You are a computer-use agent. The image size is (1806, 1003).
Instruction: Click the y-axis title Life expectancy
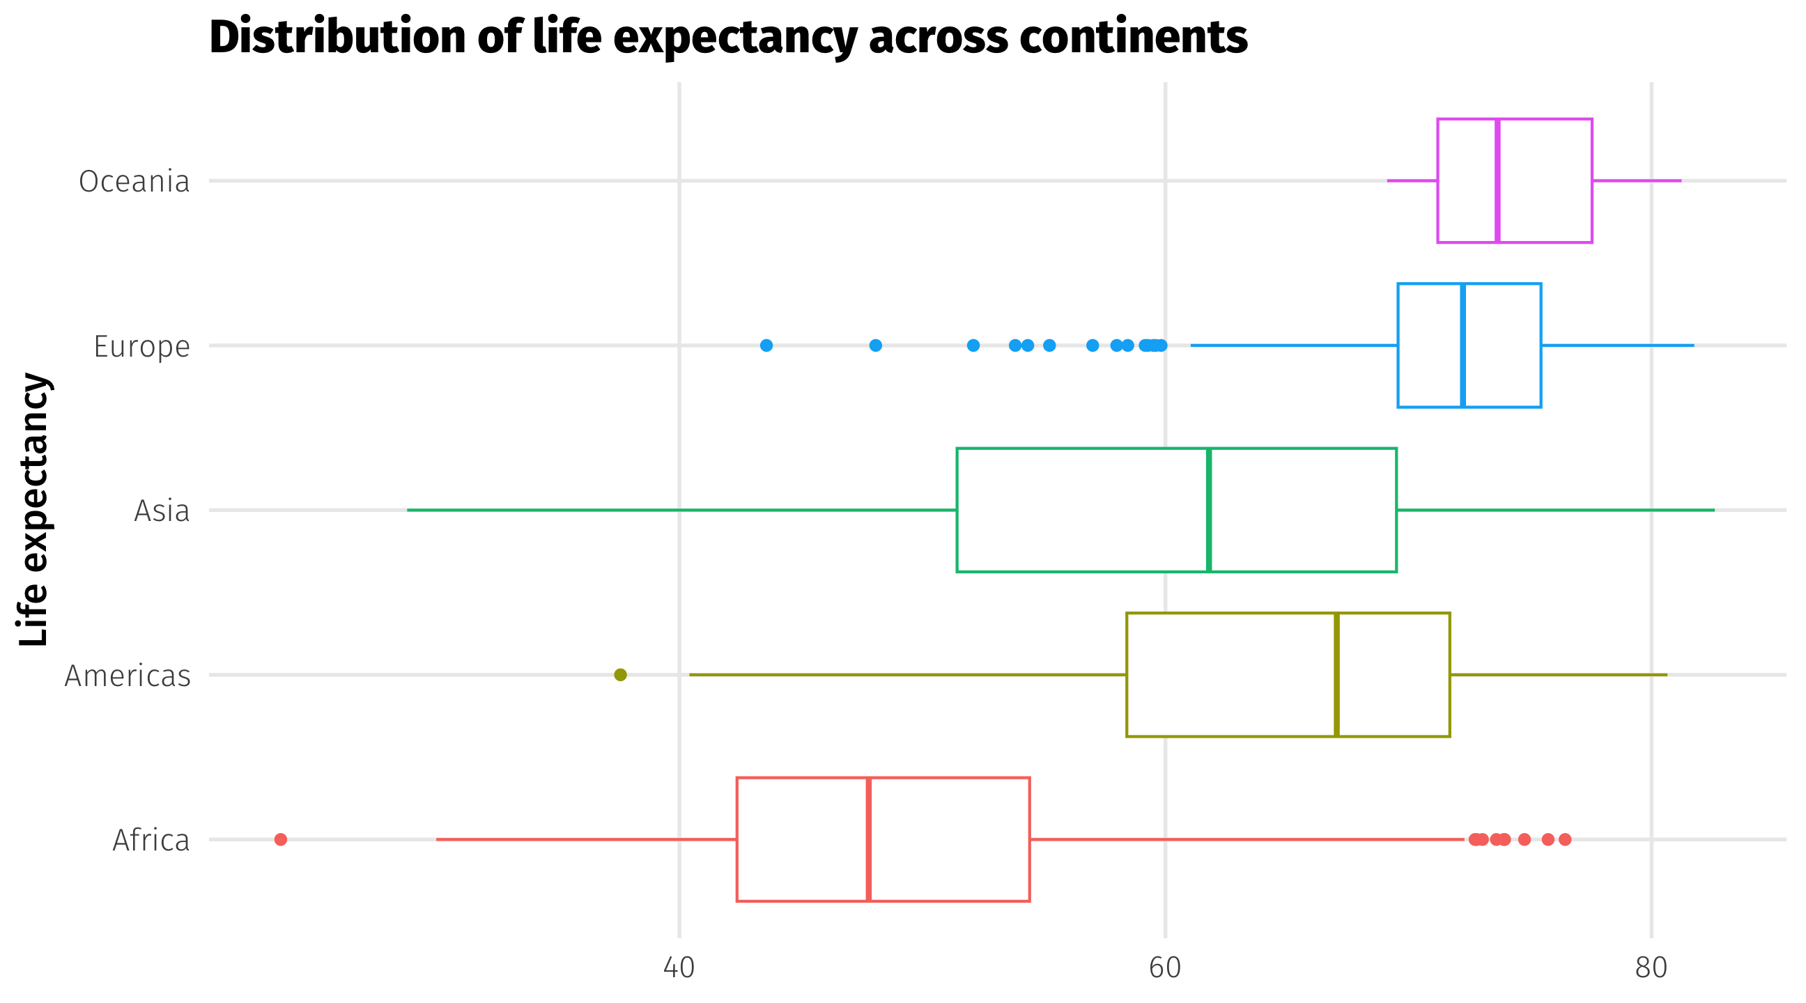[33, 510]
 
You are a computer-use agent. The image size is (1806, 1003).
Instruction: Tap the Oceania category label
[134, 182]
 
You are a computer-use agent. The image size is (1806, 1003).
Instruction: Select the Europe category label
[141, 346]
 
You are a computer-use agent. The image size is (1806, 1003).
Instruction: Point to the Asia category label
[162, 511]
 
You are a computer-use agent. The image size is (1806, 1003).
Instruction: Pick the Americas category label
[128, 676]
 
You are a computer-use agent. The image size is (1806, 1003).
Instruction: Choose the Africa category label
[150, 841]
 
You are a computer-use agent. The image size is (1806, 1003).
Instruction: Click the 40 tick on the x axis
[679, 968]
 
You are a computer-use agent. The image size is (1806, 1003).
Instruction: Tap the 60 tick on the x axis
[1165, 968]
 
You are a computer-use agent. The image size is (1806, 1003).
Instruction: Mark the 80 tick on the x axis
[1651, 968]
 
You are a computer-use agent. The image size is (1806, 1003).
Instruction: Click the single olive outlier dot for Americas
[620, 675]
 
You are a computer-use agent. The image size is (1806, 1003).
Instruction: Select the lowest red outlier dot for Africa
[280, 839]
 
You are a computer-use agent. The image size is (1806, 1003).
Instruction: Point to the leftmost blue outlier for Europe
[766, 345]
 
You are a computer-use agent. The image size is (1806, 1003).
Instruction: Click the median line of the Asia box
[1210, 510]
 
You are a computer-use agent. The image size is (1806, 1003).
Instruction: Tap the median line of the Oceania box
[1497, 181]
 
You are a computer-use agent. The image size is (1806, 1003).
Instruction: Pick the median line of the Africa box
[869, 839]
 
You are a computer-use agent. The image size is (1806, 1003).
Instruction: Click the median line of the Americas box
[1337, 675]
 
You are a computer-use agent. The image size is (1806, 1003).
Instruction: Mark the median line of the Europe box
[1463, 345]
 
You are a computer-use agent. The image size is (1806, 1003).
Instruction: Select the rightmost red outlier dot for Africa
[1565, 839]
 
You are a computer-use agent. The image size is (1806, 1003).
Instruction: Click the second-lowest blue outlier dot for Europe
[876, 345]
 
